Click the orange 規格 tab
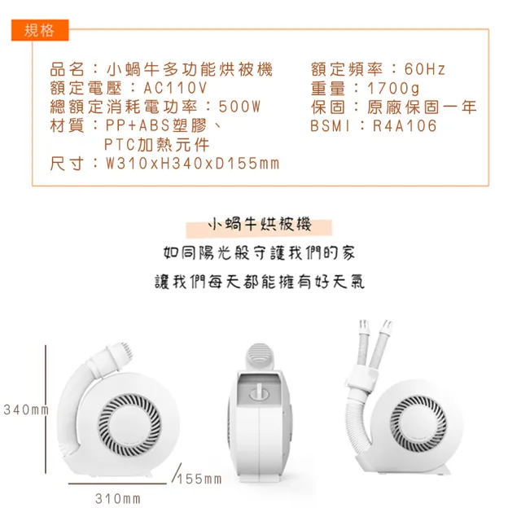click(x=40, y=30)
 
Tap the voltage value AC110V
click(x=176, y=88)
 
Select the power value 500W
click(x=239, y=107)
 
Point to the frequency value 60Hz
click(x=425, y=69)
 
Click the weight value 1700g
click(x=393, y=89)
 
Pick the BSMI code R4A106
click(x=405, y=126)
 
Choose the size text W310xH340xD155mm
click(x=192, y=164)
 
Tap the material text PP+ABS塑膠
click(x=156, y=126)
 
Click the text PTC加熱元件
click(x=156, y=145)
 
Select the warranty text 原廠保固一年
click(x=422, y=107)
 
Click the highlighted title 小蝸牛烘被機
click(x=260, y=225)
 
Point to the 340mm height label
click(x=26, y=409)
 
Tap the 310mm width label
click(x=118, y=499)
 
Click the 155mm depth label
click(x=199, y=479)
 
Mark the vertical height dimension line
click(x=46, y=409)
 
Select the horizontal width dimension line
click(x=117, y=484)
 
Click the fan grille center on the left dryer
click(x=129, y=425)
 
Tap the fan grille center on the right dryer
click(x=418, y=422)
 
